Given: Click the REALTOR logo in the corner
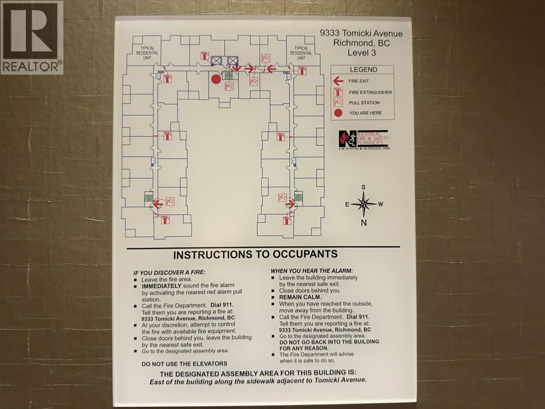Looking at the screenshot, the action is pos(32,37).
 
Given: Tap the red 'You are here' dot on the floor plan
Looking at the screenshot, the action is pos(216,79).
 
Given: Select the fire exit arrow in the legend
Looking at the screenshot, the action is pos(338,81).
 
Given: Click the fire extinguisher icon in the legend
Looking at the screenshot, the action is pos(338,92).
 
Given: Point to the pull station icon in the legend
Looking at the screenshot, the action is pos(338,103).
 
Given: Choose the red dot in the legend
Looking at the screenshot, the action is pos(338,113).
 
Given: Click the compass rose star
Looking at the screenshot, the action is pos(363,204).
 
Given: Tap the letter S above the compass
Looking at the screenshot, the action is pos(363,187).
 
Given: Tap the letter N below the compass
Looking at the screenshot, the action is pos(364,223).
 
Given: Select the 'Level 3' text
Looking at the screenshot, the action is pos(361,52).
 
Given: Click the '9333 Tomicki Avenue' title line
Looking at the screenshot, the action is pos(361,33).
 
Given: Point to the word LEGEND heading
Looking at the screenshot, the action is pos(363,70).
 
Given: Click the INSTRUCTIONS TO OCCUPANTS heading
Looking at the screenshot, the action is pos(255,254).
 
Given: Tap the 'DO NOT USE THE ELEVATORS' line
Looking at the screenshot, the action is pos(184,364).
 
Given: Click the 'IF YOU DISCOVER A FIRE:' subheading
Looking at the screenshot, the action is pos(169,272).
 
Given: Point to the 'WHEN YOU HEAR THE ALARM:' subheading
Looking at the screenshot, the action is pos(312,271).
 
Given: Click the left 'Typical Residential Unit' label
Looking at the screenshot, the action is pos(147,53).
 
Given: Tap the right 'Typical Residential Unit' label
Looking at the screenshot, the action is pos(301,53).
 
